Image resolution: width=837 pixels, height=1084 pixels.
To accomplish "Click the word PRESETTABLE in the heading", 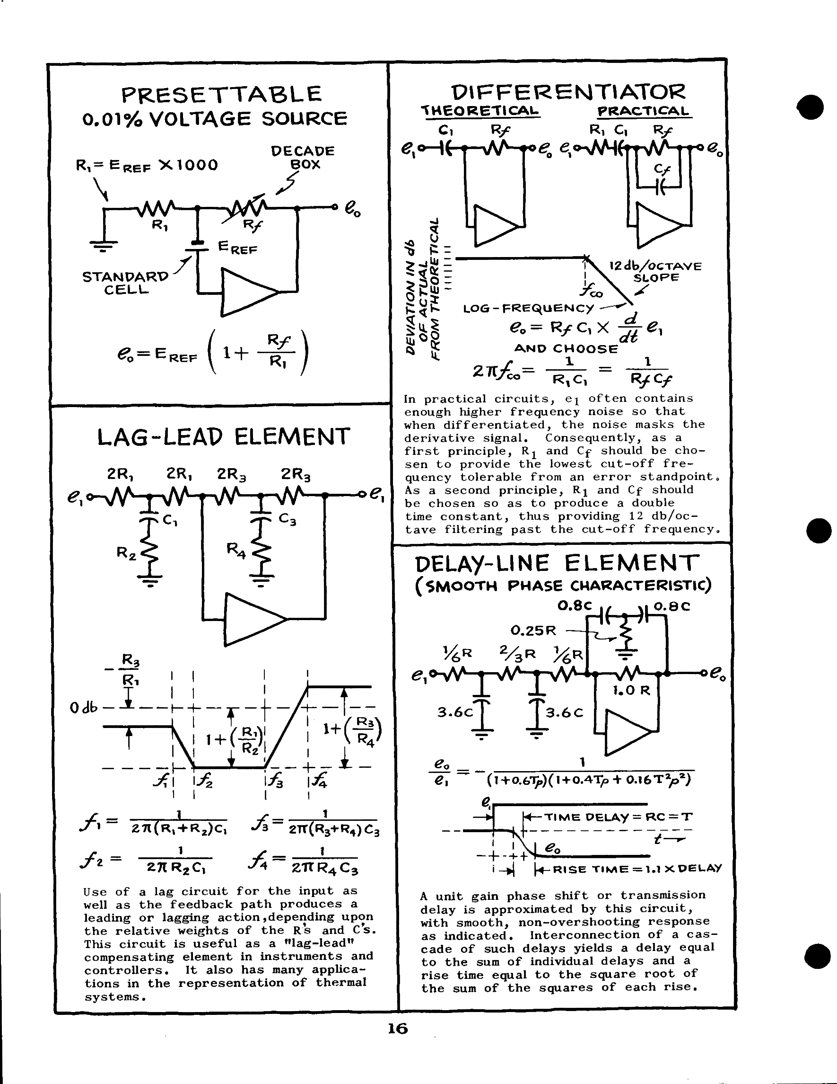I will [x=222, y=94].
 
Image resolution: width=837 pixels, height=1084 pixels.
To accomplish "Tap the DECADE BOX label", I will [x=303, y=157].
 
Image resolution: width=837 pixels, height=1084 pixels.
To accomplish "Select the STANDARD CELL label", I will [x=125, y=283].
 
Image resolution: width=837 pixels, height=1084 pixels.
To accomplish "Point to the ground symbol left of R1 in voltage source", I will [x=104, y=244].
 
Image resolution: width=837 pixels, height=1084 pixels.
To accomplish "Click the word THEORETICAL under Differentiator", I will [x=480, y=111].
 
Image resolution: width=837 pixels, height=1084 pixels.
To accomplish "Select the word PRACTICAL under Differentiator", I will [x=644, y=111].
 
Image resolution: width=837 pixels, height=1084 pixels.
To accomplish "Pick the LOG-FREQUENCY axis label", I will [x=528, y=308].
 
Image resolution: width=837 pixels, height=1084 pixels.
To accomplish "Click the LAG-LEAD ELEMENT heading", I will [x=224, y=437].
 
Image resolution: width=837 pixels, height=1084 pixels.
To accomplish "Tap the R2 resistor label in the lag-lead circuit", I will [x=125, y=552].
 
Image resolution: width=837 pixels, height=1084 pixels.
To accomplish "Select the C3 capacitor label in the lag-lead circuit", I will [x=287, y=519].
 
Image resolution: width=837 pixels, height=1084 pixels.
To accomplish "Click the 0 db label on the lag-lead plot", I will [x=84, y=708].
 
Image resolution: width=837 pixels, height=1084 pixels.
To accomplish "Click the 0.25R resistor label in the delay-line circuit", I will [x=533, y=631].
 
